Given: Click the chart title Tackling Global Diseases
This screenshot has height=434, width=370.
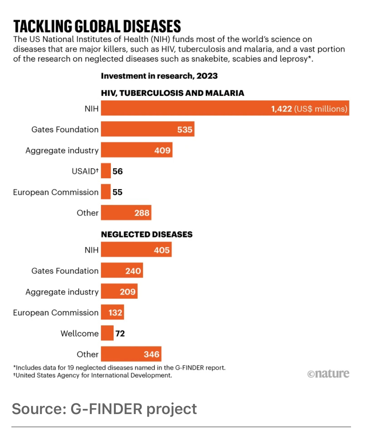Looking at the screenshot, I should coord(97,26).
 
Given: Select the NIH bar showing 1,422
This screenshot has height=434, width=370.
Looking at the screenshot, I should coord(225,108).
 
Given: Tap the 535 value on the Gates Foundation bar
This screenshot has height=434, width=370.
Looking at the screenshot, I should coord(185,129).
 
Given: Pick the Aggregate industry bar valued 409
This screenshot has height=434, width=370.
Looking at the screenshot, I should coord(136,150).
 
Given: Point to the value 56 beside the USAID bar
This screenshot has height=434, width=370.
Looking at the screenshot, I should coord(117,171).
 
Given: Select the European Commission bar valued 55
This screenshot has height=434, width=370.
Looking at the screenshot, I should coord(106,192).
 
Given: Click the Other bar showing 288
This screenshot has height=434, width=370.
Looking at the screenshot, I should coord(126,213).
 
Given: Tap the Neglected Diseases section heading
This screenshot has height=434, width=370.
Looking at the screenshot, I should coord(147,234).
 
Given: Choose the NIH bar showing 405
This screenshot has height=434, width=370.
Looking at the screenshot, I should coord(136,250).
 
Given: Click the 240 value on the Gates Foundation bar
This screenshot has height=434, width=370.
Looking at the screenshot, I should coord(133,271).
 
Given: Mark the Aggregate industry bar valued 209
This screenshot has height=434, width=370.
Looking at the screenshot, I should coord(119,292).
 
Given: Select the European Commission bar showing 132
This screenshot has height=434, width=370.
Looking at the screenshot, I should coord(112,312).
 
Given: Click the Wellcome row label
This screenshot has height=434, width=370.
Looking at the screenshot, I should coord(80,333).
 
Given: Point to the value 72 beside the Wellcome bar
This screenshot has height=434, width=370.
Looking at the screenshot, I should coord(120,333).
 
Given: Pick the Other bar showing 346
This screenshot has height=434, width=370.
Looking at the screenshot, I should coord(131,354).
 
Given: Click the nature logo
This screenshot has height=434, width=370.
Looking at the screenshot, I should coord(328,374).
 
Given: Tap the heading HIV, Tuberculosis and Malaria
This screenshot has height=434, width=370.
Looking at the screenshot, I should coord(172,93).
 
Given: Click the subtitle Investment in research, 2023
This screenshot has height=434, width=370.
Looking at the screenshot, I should coord(159,76).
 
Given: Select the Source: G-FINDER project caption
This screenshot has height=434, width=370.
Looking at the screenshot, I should coord(104,409).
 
